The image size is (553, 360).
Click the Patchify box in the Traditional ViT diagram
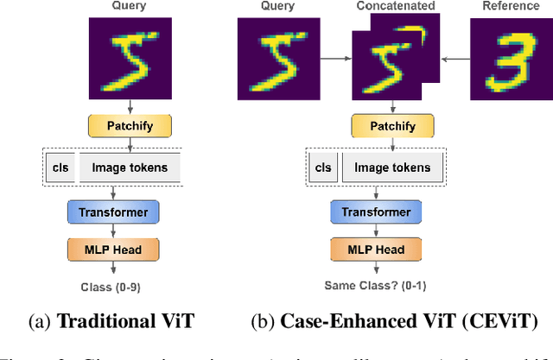[x=130, y=126]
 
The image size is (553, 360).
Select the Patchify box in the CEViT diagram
[x=394, y=126]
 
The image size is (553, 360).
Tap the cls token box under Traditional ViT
[x=60, y=167]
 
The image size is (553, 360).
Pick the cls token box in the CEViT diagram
[x=323, y=167]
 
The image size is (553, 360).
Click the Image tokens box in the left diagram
[x=130, y=167]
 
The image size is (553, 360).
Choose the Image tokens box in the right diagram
[x=393, y=167]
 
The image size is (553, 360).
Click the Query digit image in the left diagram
[x=130, y=58]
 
